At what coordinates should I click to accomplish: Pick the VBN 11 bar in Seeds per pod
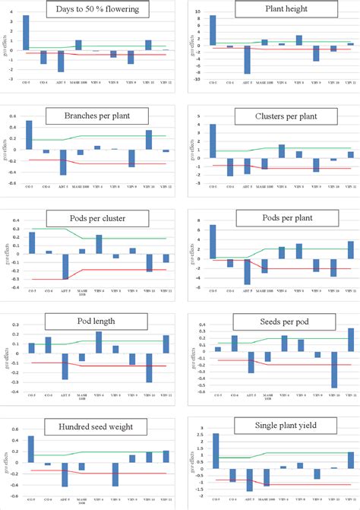(351, 340)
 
